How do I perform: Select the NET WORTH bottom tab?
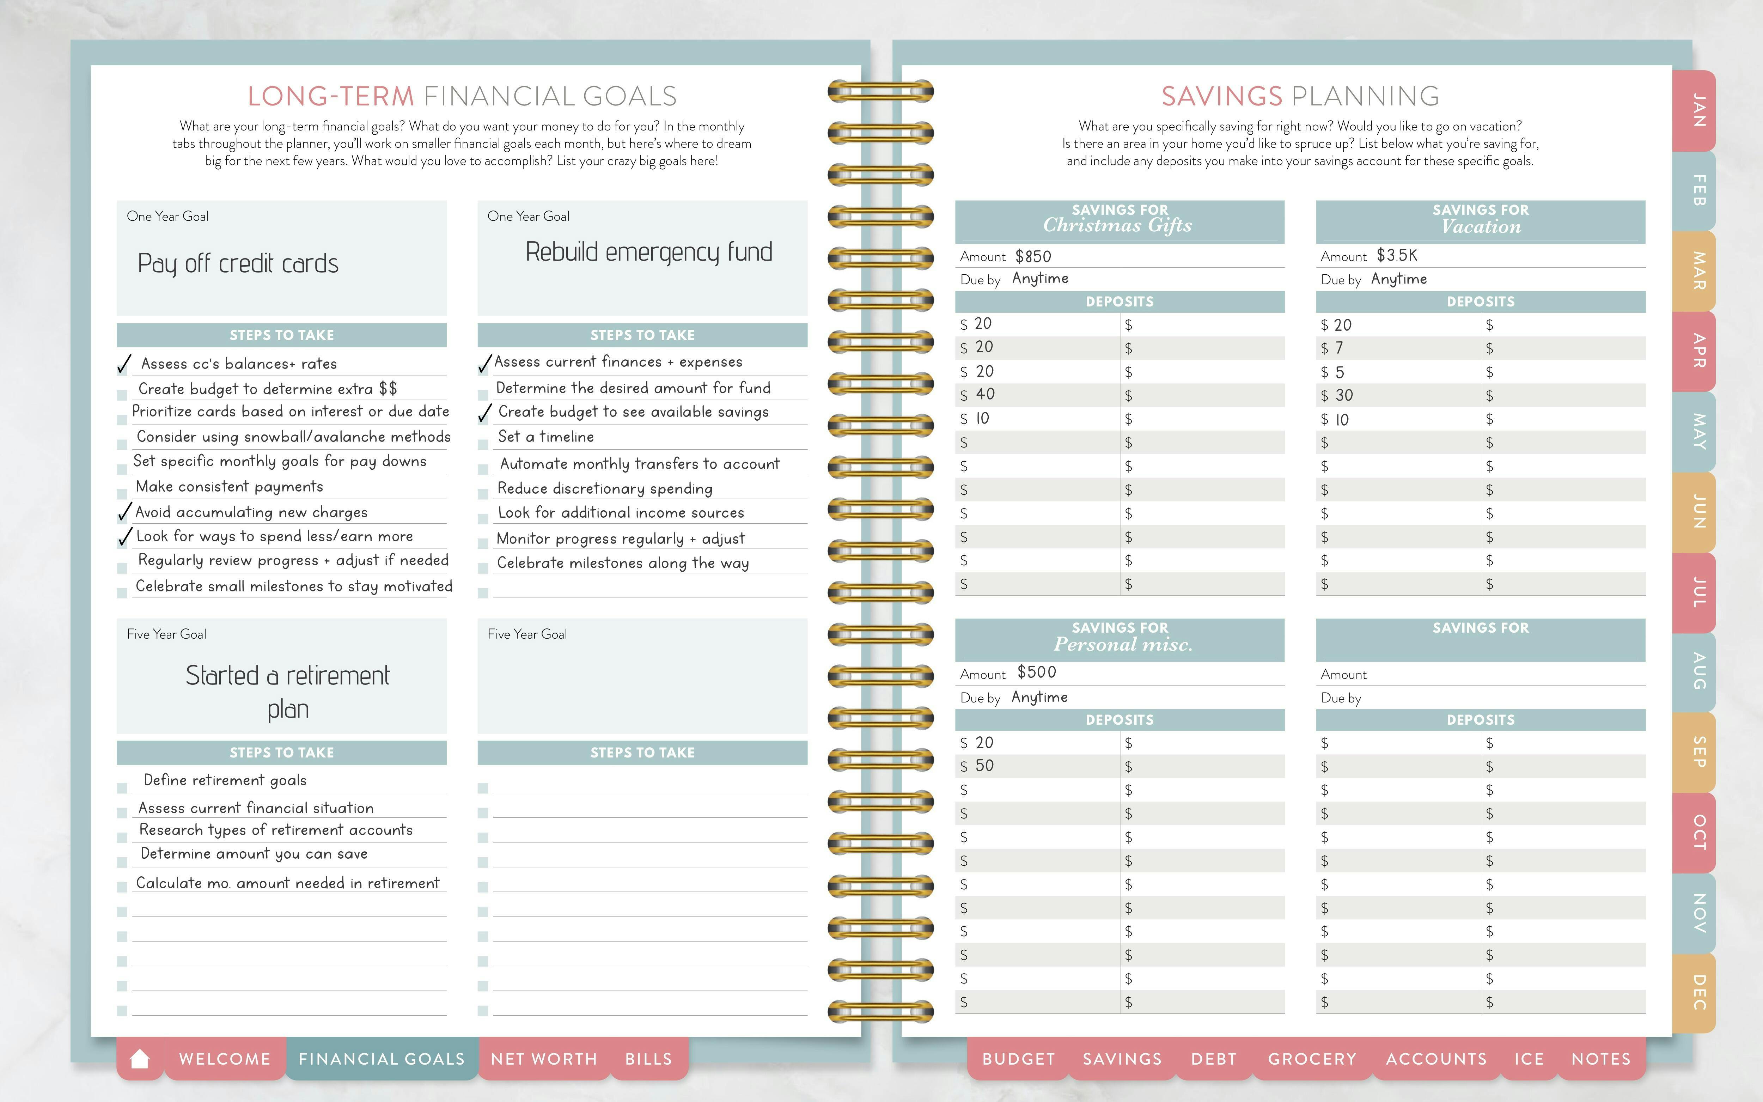pyautogui.click(x=543, y=1058)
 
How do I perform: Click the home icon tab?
pyautogui.click(x=140, y=1058)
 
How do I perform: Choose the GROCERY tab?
pyautogui.click(x=1312, y=1058)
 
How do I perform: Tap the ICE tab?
pyautogui.click(x=1529, y=1058)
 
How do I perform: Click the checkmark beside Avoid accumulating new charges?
pyautogui.click(x=124, y=512)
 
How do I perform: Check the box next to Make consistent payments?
pyautogui.click(x=122, y=493)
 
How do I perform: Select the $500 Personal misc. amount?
pyautogui.click(x=1037, y=672)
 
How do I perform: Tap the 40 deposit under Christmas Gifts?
pyautogui.click(x=985, y=394)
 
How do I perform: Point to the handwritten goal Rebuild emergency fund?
pyautogui.click(x=648, y=252)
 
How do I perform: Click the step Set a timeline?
pyautogui.click(x=546, y=437)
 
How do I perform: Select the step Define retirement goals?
pyautogui.click(x=225, y=780)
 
